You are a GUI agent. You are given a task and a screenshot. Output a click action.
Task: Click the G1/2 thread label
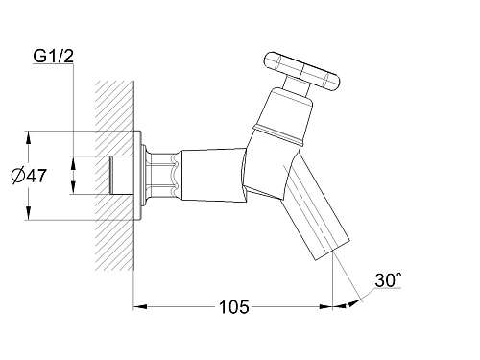(54, 57)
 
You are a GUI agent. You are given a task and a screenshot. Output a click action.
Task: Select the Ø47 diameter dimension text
(29, 176)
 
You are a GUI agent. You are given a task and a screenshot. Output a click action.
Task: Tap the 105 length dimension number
(233, 307)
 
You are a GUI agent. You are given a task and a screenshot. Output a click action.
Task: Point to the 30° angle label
(388, 280)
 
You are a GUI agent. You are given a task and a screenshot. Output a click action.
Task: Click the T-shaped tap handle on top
(301, 71)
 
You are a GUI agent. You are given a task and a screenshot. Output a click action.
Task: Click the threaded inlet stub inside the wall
(121, 175)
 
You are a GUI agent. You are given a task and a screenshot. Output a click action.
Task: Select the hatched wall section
(114, 175)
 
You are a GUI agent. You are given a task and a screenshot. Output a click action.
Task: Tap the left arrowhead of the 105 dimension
(140, 307)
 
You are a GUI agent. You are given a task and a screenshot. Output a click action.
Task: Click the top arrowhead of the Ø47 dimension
(29, 137)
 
